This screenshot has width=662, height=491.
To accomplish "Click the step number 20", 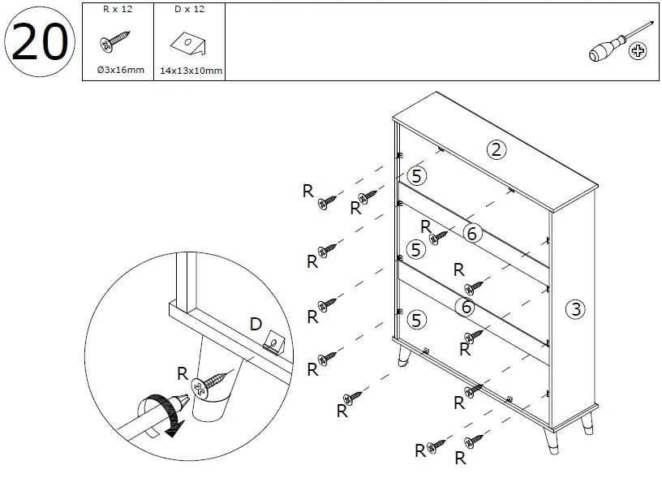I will point(40,44).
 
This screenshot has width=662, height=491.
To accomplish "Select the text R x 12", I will point(118,9).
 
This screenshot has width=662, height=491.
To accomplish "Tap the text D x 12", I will point(188,9).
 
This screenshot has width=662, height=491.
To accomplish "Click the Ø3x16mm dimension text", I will point(118,71).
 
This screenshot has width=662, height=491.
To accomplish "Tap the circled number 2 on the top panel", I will point(496,149).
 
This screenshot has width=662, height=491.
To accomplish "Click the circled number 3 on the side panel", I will point(574,308).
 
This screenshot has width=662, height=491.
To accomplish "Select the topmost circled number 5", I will point(417,174).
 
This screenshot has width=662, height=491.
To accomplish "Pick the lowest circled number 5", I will point(417,319).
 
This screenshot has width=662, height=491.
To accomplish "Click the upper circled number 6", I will point(473,234).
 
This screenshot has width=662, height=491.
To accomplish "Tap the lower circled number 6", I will point(466,307).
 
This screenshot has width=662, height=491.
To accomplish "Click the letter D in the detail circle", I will point(256,325).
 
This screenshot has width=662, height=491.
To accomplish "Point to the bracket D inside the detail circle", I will point(276,344).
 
